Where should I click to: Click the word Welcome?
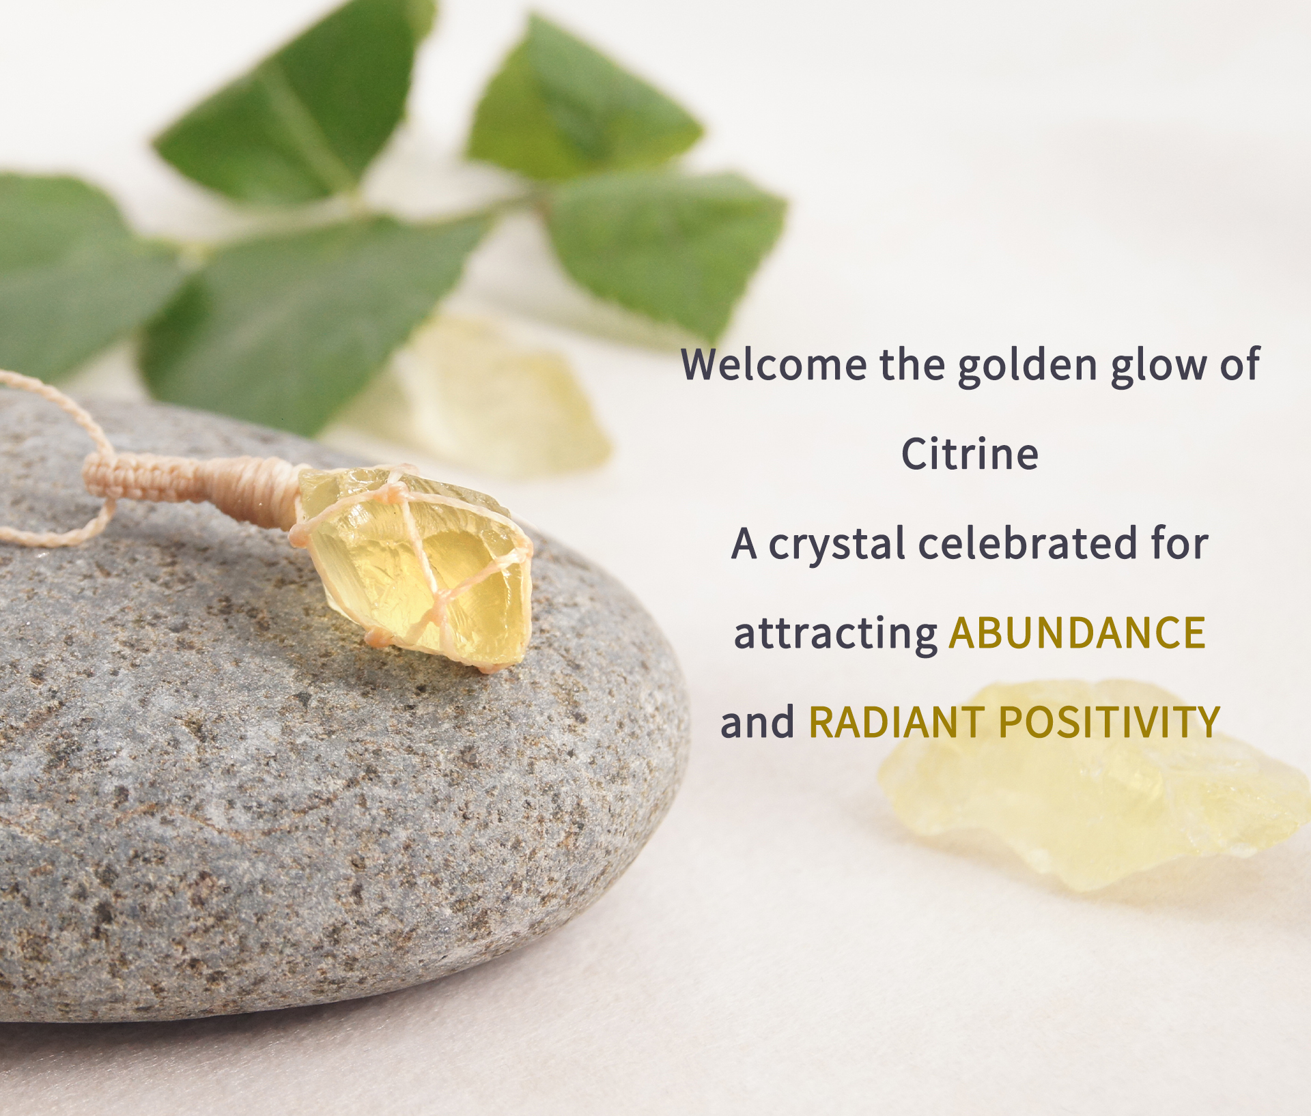(774, 364)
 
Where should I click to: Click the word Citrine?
(970, 454)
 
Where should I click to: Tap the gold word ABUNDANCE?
(1077, 633)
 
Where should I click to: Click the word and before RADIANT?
(758, 722)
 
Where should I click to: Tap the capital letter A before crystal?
(744, 545)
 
